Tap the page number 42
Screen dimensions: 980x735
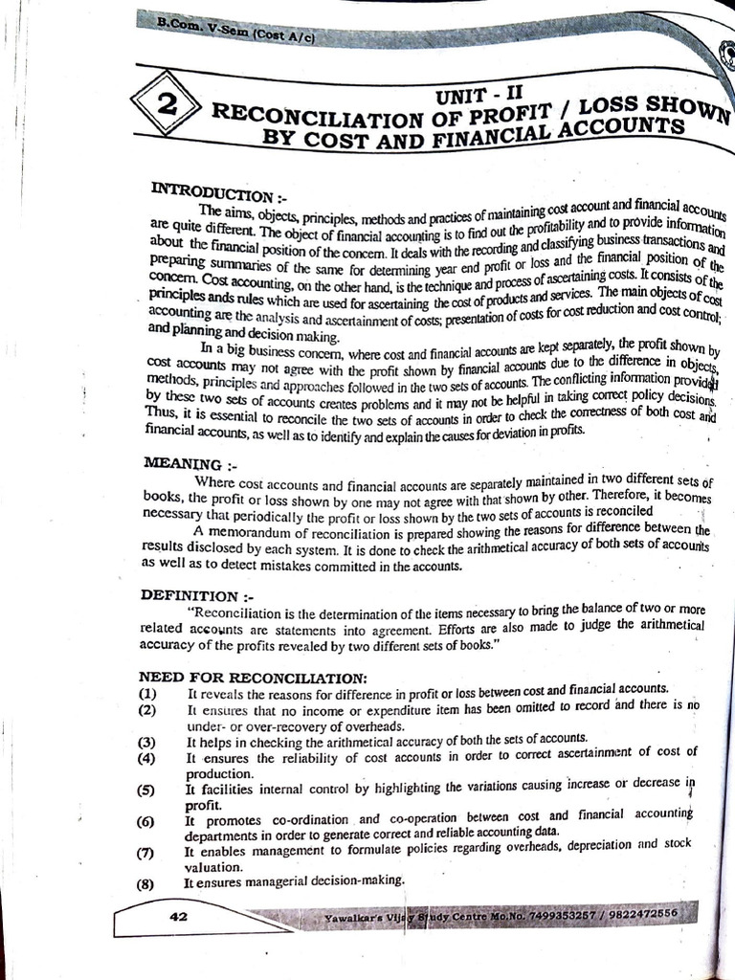pyautogui.click(x=177, y=916)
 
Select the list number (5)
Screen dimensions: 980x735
pyautogui.click(x=145, y=790)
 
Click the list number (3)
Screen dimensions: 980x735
pyautogui.click(x=145, y=742)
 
